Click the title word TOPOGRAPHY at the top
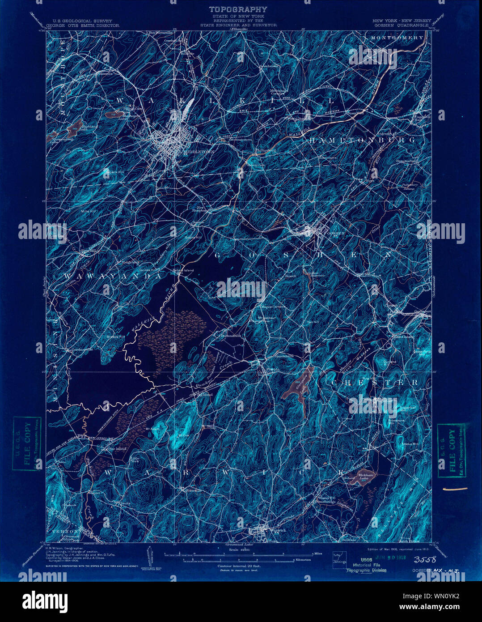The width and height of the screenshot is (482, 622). (238, 9)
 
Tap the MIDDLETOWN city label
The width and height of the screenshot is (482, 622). (199, 152)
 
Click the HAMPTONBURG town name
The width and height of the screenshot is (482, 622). (362, 140)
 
